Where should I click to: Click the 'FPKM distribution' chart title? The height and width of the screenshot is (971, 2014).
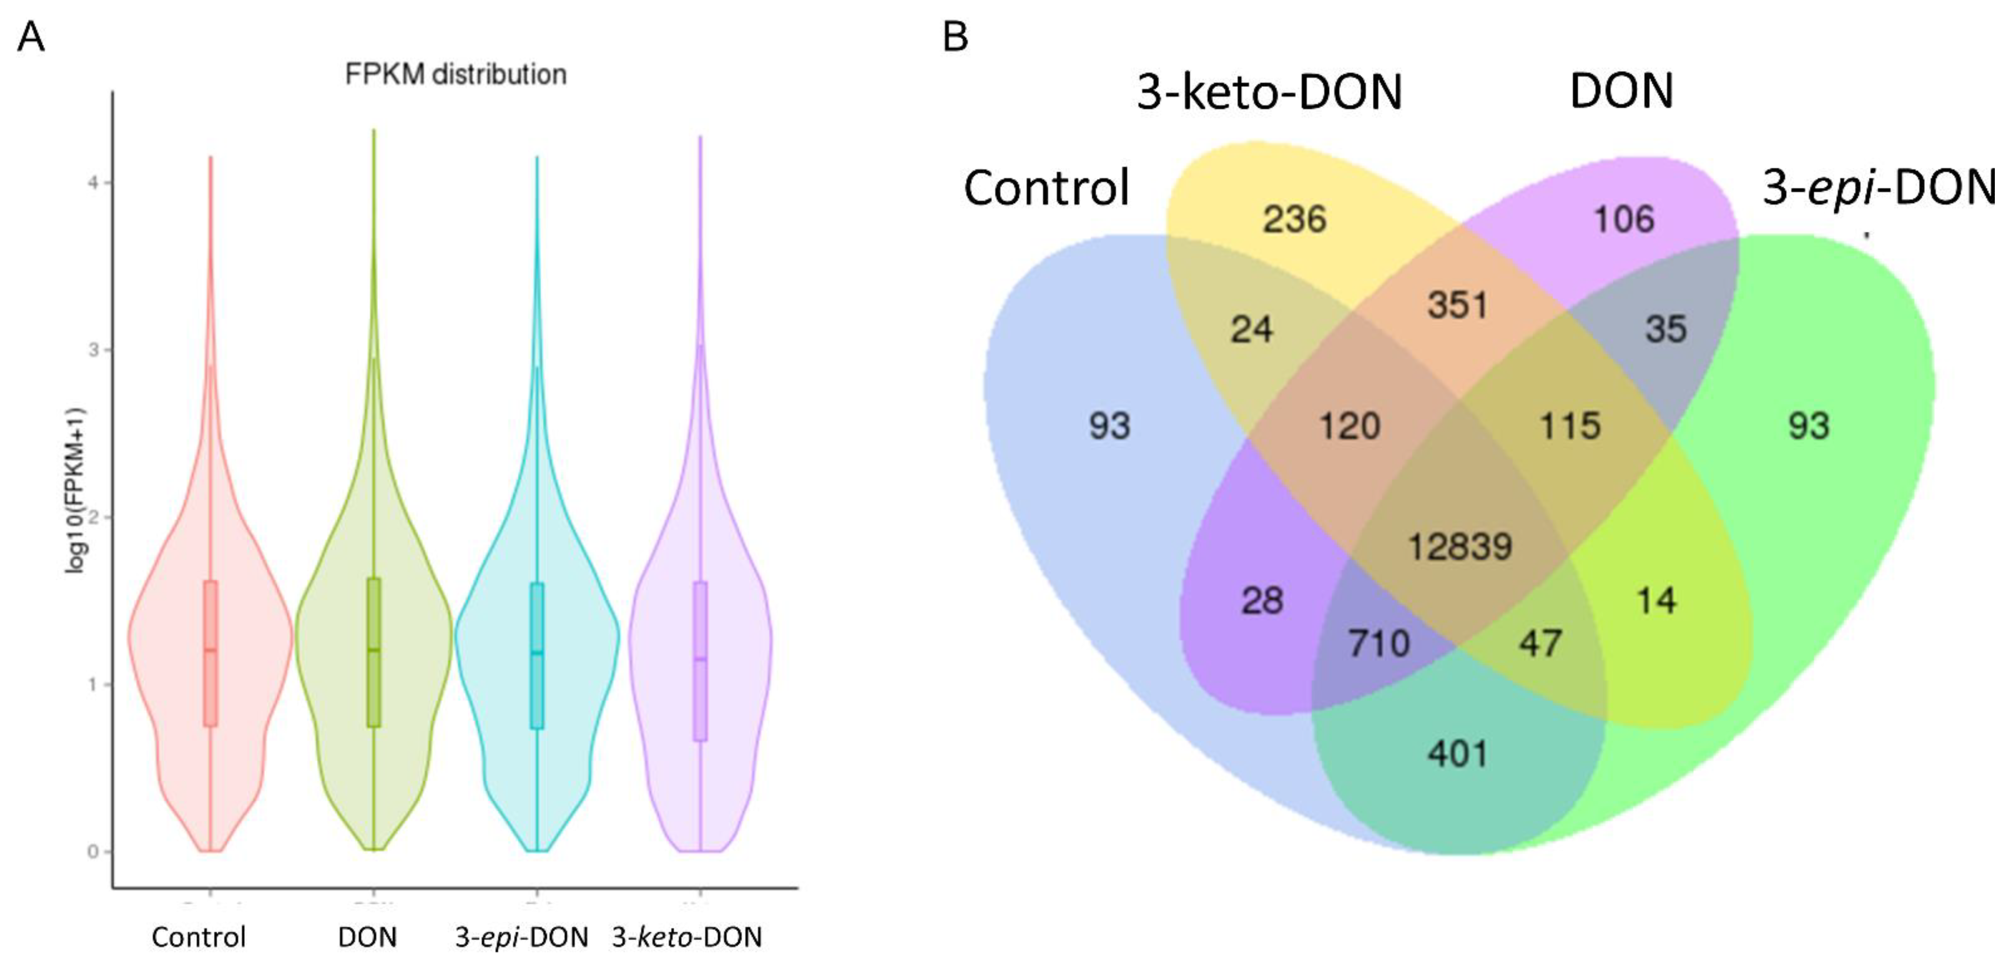tap(456, 74)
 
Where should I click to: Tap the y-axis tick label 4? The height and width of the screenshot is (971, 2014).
tap(93, 183)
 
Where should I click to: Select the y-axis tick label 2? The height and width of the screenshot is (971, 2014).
tap(93, 517)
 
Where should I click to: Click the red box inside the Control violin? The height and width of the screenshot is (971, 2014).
tap(210, 653)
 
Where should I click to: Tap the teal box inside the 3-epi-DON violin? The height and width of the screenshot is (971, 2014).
tap(537, 655)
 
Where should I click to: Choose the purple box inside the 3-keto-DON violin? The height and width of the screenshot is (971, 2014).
tap(700, 661)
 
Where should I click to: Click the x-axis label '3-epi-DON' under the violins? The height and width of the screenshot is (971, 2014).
tap(521, 936)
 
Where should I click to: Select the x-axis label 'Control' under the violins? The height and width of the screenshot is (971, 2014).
tap(199, 936)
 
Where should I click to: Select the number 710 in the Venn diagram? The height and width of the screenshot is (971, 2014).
tap(1379, 643)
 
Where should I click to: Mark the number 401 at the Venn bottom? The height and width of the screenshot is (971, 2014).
tap(1457, 754)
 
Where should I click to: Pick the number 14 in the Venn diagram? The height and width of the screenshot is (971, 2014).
tap(1656, 600)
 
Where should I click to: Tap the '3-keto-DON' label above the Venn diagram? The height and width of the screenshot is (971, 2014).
tap(1269, 92)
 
